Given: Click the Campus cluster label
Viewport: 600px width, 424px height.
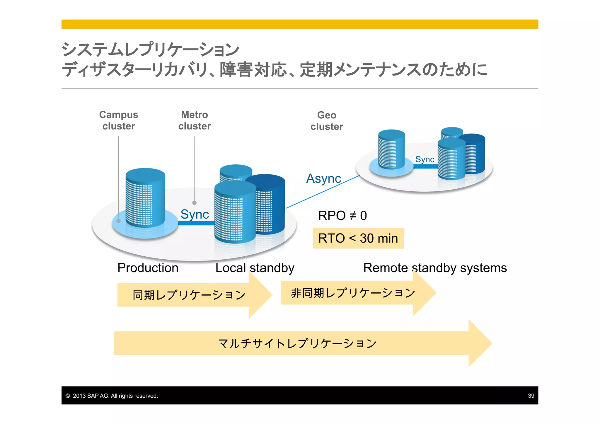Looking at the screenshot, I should click(x=119, y=120).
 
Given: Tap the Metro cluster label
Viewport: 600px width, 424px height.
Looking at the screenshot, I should click(x=195, y=120).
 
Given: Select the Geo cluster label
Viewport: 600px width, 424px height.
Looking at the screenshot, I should click(x=327, y=121).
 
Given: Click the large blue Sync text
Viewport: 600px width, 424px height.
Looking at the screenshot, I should click(x=195, y=214).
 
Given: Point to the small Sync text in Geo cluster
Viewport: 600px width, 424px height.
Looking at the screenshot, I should click(x=425, y=159).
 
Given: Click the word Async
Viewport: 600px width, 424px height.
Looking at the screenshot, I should click(x=323, y=178).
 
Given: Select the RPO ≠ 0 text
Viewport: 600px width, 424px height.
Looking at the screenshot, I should click(x=342, y=216).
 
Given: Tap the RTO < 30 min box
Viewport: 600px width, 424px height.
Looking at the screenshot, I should click(x=358, y=238).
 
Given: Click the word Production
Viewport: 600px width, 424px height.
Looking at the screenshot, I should click(x=148, y=268).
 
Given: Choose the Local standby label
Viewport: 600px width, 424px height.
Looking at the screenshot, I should click(x=255, y=268).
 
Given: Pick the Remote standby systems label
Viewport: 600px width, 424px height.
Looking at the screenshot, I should click(x=435, y=268).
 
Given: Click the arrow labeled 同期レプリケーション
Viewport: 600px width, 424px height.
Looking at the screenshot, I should click(x=189, y=295).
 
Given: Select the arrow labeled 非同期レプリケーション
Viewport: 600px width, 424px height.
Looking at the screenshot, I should click(x=353, y=293).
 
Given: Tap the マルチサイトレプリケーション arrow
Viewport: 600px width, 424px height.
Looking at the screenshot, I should click(x=297, y=343).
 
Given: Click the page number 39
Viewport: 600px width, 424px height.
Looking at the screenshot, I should click(x=531, y=396).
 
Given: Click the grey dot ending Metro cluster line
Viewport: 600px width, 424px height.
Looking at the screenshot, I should click(x=194, y=203).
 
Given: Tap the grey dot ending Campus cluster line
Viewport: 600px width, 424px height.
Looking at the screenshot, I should click(x=119, y=221).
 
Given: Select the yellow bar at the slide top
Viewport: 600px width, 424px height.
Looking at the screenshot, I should click(x=299, y=24).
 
